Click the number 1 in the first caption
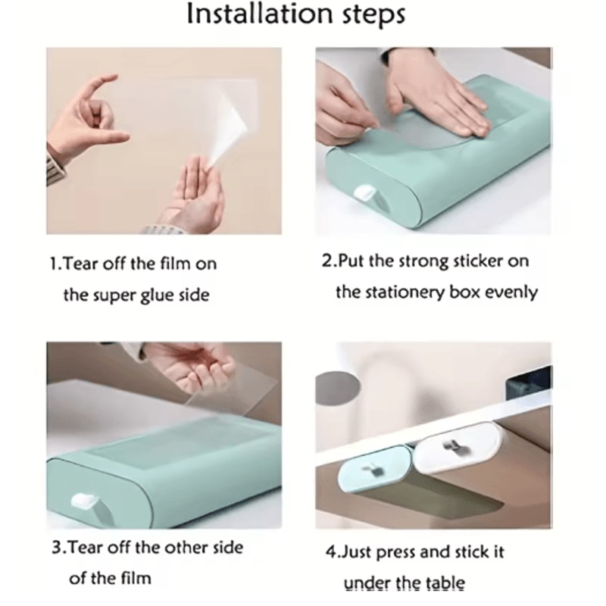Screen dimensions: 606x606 pyautogui.click(x=54, y=264)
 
